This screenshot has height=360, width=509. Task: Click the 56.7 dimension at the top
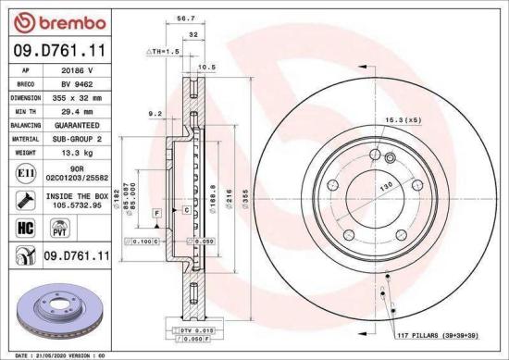(185, 17)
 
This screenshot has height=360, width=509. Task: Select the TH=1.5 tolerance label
(163, 52)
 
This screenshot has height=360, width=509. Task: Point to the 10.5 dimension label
(207, 67)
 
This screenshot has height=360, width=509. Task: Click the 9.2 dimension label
(155, 112)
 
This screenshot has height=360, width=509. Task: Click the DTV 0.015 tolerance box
(196, 329)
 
